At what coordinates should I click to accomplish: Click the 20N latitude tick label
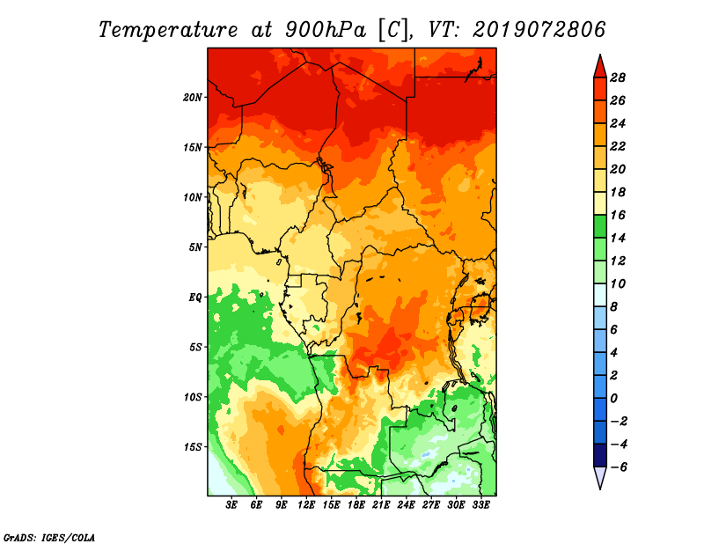coord(193,98)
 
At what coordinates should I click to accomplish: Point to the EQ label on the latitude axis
coord(195,298)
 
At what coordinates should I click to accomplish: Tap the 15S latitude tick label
coord(193,447)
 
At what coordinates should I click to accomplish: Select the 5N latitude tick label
coord(195,247)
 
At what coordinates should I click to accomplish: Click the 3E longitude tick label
coord(231,505)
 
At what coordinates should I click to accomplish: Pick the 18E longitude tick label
coord(356,505)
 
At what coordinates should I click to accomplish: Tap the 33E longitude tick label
coord(480,505)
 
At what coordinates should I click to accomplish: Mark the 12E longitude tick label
coord(306,505)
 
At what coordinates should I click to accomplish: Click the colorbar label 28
coord(618,78)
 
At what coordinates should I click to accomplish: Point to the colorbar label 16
coord(618,216)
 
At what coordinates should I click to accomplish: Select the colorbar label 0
coord(613,399)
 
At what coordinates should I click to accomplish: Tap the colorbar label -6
coord(619,467)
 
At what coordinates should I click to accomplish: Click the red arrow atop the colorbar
coord(600,67)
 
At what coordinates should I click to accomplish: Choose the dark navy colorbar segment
coord(600,455)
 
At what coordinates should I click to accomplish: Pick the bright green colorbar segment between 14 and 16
coord(600,227)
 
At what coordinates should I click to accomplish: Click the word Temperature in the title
coord(168,31)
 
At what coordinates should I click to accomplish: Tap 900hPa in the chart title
coord(325,30)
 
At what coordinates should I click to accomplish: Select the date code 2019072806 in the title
coord(539,30)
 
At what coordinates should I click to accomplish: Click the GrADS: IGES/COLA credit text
coord(49,537)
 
